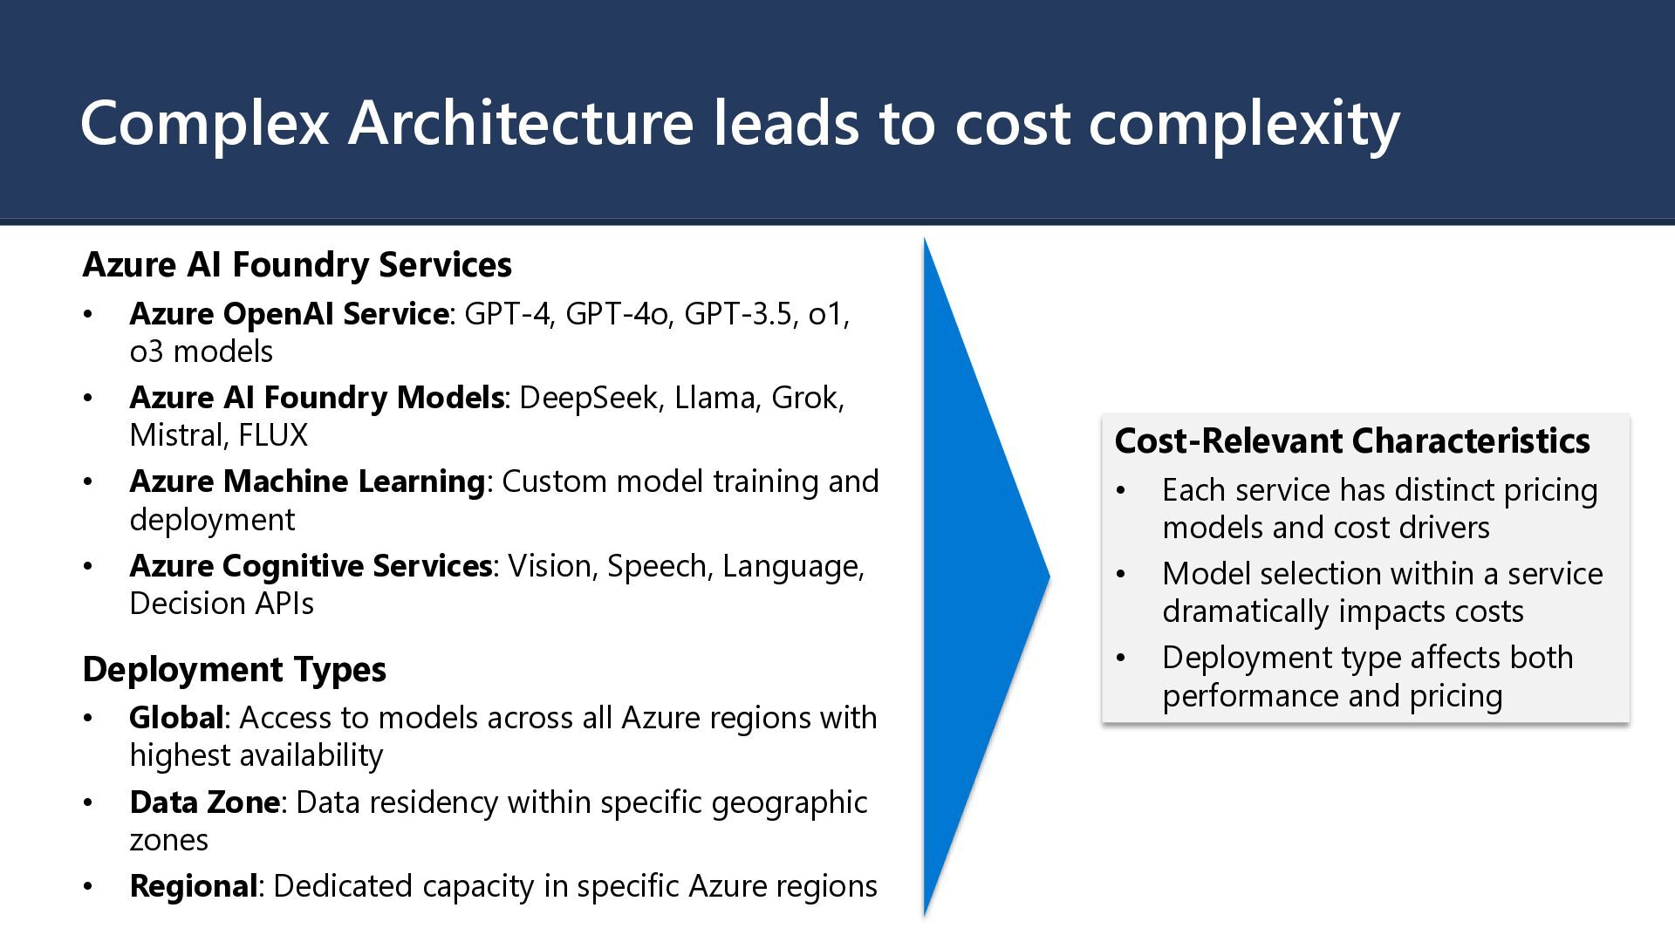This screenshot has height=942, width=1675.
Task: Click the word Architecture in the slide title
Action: click(x=520, y=123)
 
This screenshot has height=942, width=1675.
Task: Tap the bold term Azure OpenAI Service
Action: click(x=289, y=313)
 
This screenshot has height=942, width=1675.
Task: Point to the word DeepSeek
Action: click(x=588, y=398)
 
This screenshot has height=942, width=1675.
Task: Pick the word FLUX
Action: click(x=273, y=435)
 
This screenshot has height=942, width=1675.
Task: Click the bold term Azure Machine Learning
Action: click(x=306, y=481)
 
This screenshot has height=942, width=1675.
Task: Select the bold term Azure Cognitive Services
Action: click(x=311, y=566)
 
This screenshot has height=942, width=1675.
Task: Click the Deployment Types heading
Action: click(x=234, y=670)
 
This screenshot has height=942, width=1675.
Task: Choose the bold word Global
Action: click(x=176, y=718)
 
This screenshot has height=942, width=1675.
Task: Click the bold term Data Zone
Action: click(x=204, y=802)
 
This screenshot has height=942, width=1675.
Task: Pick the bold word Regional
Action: click(x=193, y=886)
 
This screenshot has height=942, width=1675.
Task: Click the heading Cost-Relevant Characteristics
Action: click(x=1351, y=441)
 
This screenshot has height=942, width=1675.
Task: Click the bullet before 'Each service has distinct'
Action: click(x=1121, y=491)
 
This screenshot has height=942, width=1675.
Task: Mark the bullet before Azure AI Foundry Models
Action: click(x=88, y=399)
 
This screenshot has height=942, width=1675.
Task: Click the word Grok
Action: click(x=806, y=398)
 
